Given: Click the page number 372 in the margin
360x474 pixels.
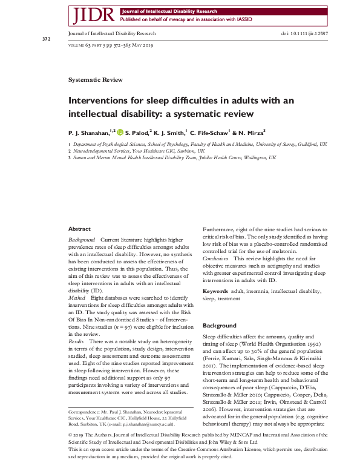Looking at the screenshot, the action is click(x=46, y=39).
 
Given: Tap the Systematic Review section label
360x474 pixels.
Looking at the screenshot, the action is click(x=96, y=80).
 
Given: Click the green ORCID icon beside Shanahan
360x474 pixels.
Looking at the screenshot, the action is click(x=120, y=131).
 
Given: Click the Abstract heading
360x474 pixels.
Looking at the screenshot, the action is click(x=79, y=229).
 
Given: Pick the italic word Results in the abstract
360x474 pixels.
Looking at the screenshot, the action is click(x=77, y=342).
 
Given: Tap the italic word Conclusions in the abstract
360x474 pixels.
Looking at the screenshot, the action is click(x=215, y=258).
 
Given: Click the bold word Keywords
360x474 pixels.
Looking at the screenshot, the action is click(x=215, y=292).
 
